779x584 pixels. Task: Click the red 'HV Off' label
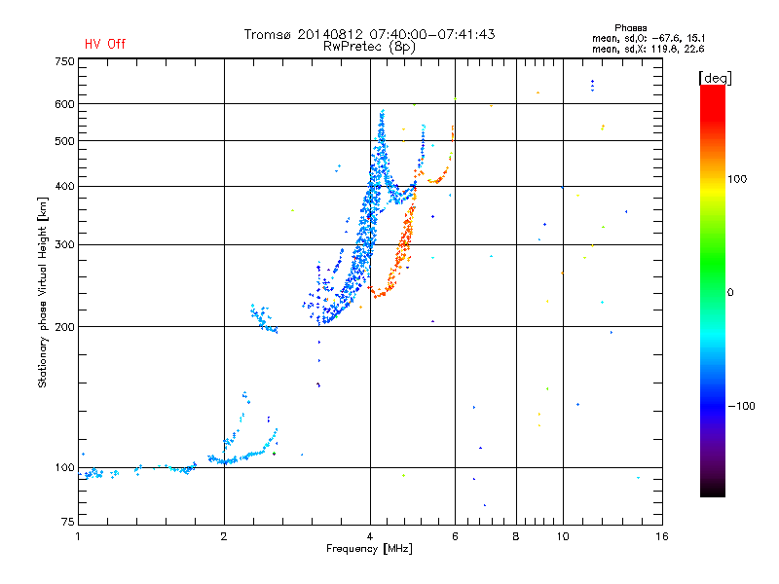click(x=105, y=44)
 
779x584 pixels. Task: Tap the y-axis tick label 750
click(x=64, y=61)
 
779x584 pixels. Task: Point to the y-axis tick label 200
click(x=64, y=327)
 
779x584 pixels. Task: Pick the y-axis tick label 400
click(x=64, y=186)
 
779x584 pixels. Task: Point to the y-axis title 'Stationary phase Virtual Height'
click(x=43, y=292)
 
